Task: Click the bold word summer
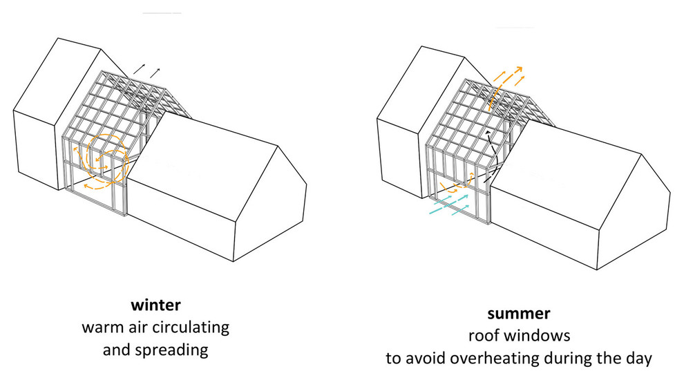click(518, 314)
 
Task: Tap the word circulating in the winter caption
click(196, 326)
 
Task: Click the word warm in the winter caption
click(100, 326)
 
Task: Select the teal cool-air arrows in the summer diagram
click(450, 204)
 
